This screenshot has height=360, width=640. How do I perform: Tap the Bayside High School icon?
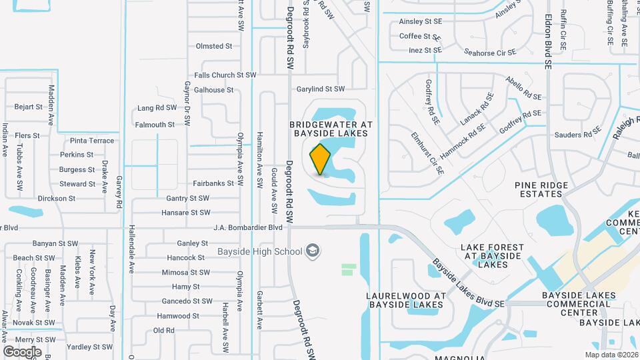pos(312,251)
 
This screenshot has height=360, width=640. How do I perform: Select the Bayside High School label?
pos(259,251)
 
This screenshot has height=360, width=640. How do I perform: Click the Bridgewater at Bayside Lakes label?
pos(331,129)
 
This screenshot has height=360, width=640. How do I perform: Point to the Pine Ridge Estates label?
pos(541,189)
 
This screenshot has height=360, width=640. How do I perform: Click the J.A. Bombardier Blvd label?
pos(248,227)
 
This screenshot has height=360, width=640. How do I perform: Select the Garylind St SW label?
pos(321,89)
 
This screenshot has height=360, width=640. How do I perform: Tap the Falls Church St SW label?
pos(225,75)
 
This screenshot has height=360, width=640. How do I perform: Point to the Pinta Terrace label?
pos(92,141)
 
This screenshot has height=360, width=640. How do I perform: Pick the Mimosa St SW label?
pos(186,272)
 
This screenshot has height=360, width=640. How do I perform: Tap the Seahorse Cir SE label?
pos(490,52)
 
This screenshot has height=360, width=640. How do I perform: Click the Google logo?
pos(22,351)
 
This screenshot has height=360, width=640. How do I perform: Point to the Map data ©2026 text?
pos(611,355)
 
